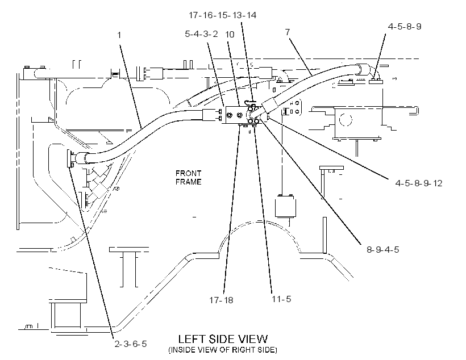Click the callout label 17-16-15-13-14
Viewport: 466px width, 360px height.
tap(223, 15)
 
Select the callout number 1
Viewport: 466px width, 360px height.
tap(119, 35)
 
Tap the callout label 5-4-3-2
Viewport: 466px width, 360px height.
tap(201, 34)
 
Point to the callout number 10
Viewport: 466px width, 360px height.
tap(230, 35)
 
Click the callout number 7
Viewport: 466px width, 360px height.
tap(288, 32)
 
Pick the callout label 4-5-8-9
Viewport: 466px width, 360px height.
tap(405, 27)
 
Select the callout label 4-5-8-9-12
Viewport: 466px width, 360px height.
tap(419, 183)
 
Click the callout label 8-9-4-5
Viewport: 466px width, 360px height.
tap(383, 249)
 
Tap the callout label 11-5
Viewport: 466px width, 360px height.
tap(281, 299)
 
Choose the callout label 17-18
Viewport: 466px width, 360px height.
tap(221, 300)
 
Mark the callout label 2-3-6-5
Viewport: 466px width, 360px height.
tap(131, 344)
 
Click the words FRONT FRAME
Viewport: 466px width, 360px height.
tap(189, 177)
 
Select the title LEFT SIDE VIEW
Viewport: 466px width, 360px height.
tap(223, 339)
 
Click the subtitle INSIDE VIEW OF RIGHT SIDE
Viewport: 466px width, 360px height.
tap(223, 350)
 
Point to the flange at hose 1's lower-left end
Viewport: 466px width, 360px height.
tap(70, 158)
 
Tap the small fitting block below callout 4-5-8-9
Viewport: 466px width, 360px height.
tap(376, 81)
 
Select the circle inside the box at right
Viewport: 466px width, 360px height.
tap(346, 120)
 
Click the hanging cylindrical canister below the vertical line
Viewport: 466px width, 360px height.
tap(286, 206)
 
